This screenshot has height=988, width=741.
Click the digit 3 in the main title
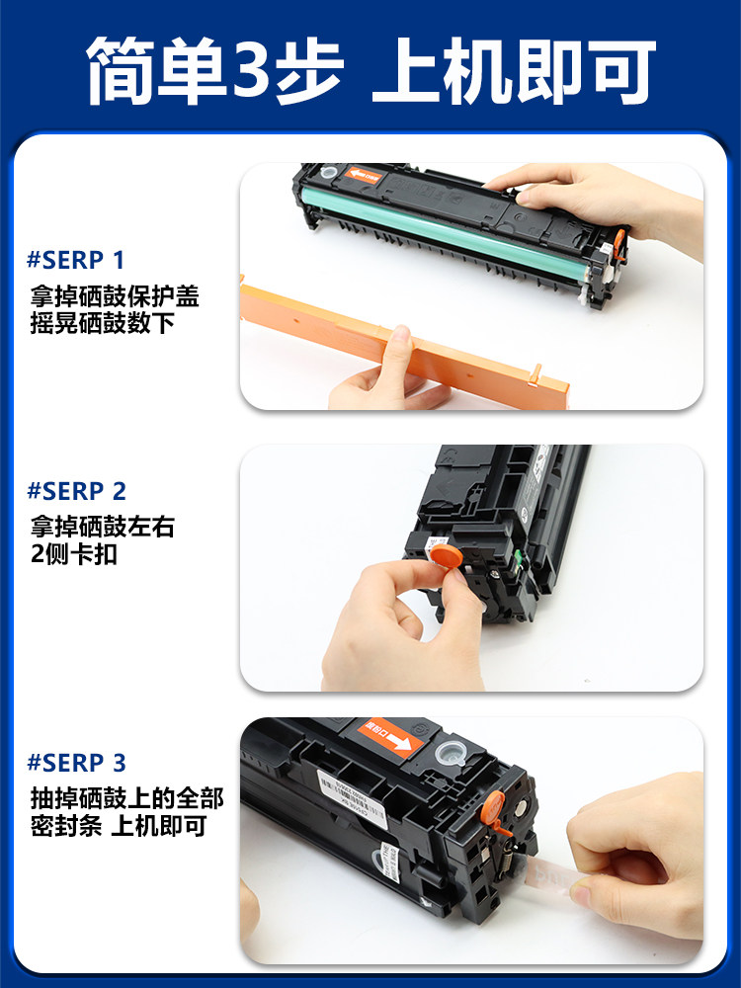pos(255,71)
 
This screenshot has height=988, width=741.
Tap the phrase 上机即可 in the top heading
pos(513,71)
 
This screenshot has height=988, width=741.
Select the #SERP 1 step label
pos(76,261)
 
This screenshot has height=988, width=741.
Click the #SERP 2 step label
pos(77,491)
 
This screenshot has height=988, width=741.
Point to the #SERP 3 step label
pos(77,763)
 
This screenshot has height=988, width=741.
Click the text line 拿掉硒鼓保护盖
pos(115,296)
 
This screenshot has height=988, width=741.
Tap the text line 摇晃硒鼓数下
pos(103,323)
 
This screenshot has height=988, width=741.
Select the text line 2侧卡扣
pos(74,554)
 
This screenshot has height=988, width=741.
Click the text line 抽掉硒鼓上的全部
pos(126,798)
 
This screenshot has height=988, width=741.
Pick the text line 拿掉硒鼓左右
pos(103,528)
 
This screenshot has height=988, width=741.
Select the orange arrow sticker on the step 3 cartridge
pos(389,737)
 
